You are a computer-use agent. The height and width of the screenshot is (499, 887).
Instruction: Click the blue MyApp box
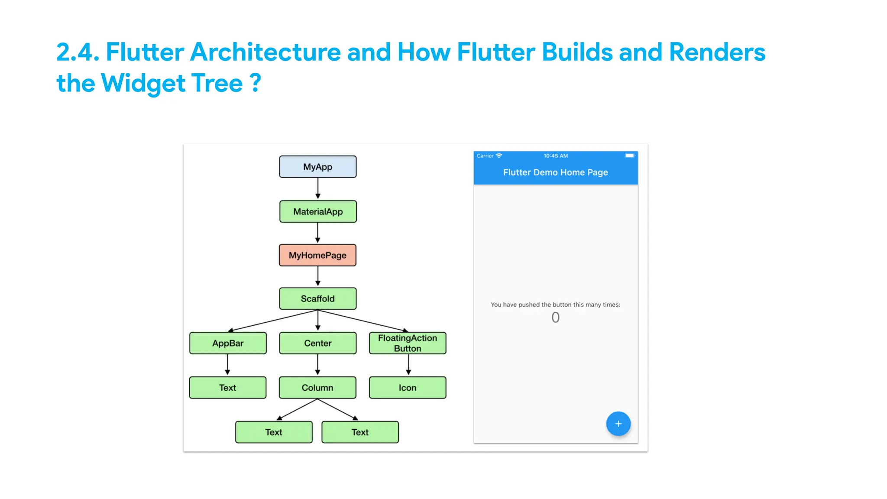[x=317, y=167]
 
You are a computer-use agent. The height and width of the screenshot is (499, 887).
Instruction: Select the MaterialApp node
[x=317, y=211]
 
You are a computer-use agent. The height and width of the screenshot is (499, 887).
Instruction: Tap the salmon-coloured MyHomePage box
[x=317, y=255]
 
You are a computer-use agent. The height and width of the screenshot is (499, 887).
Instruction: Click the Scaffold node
[x=317, y=298]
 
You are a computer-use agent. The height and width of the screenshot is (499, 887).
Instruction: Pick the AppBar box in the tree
[x=228, y=343]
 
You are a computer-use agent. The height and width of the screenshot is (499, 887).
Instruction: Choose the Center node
[x=317, y=343]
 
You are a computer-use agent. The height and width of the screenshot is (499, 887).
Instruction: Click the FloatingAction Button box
[x=407, y=343]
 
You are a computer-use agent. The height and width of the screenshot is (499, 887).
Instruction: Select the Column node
[x=317, y=388]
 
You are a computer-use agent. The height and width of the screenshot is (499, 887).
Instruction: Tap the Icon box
[x=407, y=388]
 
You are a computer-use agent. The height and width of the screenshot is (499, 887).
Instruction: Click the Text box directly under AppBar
[x=228, y=388]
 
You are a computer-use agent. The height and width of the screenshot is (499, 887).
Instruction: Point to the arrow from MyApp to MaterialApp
[x=317, y=189]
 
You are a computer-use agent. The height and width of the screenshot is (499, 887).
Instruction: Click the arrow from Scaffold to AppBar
[x=273, y=321]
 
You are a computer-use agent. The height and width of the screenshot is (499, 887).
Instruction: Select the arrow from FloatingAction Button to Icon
[x=408, y=365]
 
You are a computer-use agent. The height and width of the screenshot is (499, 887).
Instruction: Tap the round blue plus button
[x=618, y=424]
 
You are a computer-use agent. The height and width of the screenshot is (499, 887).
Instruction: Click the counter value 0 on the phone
[x=555, y=318]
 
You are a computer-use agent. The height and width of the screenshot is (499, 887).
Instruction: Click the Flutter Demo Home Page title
[x=555, y=172]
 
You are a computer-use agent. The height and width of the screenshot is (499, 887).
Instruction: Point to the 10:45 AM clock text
[x=556, y=156]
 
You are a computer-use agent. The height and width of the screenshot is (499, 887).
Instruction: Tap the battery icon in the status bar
[x=629, y=156]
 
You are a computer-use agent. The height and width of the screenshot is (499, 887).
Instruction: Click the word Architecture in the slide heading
[x=265, y=52]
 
